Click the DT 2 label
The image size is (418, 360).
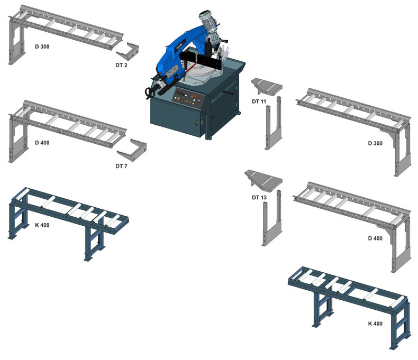(121, 65)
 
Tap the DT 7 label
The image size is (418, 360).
(121, 166)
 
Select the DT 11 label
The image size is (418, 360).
(259, 101)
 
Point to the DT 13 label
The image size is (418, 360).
(259, 197)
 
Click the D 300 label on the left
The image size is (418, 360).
(42, 47)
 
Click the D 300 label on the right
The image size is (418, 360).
(375, 143)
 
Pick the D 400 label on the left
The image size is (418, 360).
(42, 143)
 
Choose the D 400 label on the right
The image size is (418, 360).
(375, 238)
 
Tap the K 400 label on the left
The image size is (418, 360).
(42, 225)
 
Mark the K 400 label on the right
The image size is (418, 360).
(375, 324)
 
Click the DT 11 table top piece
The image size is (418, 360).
(267, 85)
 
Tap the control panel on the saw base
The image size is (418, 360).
(189, 98)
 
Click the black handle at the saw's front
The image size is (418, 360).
(150, 92)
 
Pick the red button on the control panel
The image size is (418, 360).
(196, 96)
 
